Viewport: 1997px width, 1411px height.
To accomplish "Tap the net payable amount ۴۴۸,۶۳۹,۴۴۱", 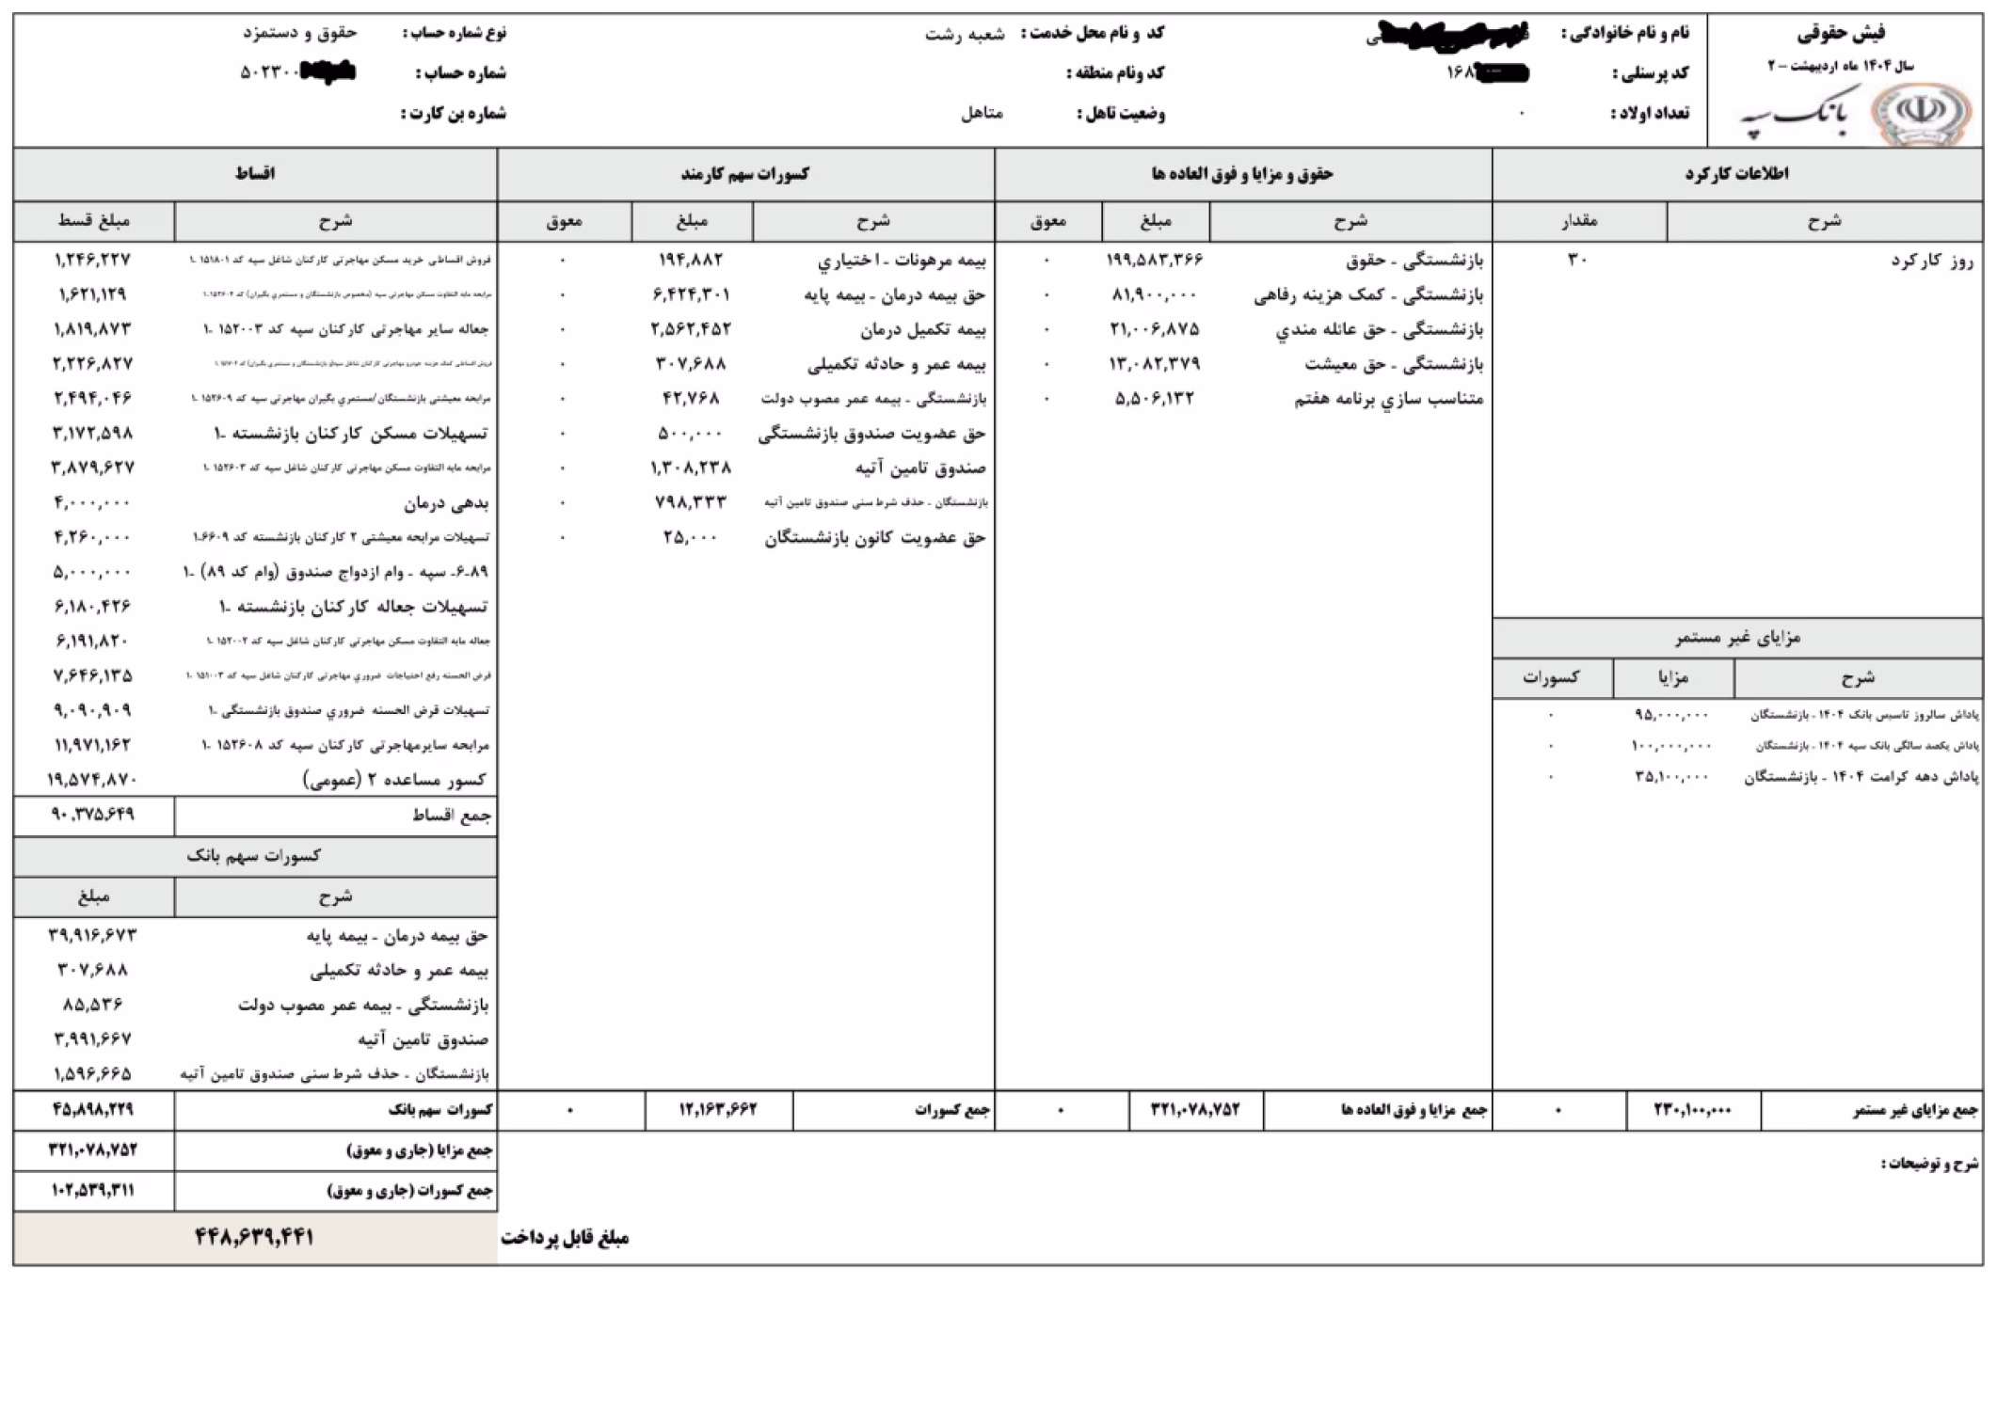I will pyautogui.click(x=254, y=1236).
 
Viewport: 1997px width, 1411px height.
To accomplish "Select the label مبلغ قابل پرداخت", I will pyautogui.click(x=565, y=1238).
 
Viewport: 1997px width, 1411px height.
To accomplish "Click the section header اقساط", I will pyautogui.click(x=254, y=174).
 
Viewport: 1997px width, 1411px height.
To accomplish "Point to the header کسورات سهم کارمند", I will pyautogui.click(x=744, y=174).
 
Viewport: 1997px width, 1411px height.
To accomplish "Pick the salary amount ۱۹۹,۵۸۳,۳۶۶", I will pyautogui.click(x=1155, y=260).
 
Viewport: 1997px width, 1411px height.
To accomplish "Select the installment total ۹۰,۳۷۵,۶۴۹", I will pyautogui.click(x=93, y=815).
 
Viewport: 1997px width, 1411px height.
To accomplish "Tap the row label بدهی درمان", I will pyautogui.click(x=446, y=503).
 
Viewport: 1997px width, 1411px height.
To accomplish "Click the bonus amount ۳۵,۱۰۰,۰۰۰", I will pyautogui.click(x=1671, y=777).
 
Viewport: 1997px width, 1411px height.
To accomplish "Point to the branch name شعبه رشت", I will pyautogui.click(x=965, y=34).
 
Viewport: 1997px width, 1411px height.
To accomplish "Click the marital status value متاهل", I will pyautogui.click(x=982, y=114).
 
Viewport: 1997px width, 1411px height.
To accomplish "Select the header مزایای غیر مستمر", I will pyautogui.click(x=1737, y=638).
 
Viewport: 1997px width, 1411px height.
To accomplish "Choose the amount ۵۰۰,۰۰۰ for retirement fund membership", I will pyautogui.click(x=691, y=434).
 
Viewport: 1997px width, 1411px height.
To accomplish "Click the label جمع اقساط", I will pyautogui.click(x=452, y=816).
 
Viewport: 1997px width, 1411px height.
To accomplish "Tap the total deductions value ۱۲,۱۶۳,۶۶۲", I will pyautogui.click(x=718, y=1110).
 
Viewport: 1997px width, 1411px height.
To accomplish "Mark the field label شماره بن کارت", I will pyautogui.click(x=455, y=114).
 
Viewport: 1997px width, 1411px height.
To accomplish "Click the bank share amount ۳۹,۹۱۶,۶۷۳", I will pyautogui.click(x=92, y=935).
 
